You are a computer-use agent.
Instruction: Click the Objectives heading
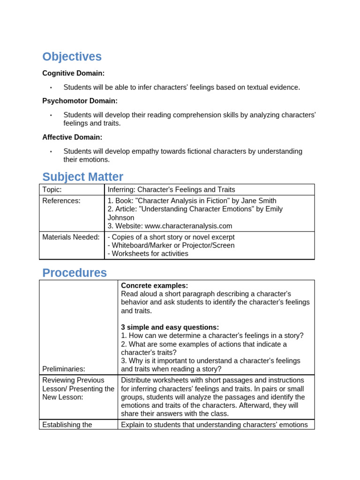72,57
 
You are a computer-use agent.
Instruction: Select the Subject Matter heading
82,177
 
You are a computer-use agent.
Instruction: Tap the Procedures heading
75,273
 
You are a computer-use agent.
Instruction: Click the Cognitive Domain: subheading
74,73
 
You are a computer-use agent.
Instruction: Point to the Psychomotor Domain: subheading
80,101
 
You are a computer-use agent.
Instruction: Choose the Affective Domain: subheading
72,137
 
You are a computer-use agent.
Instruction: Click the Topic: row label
52,189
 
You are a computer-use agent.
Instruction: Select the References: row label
61,201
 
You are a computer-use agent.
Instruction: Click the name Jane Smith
259,201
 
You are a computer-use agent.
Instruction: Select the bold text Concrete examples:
154,285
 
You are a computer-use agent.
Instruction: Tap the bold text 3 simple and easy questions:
170,327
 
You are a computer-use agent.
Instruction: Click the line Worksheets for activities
148,254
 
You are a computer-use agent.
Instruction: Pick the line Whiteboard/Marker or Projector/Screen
171,245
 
